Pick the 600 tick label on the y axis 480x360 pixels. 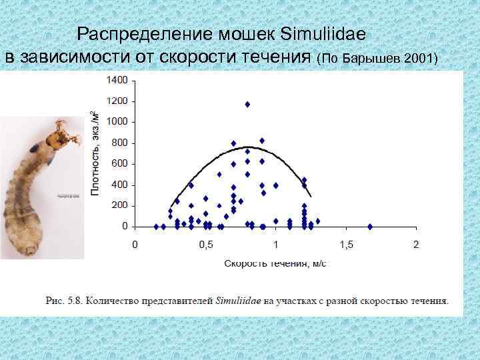click(x=119, y=164)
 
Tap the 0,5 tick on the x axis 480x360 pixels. click(x=205, y=244)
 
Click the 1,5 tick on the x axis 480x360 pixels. click(x=346, y=244)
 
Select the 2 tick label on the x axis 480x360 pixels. click(x=416, y=244)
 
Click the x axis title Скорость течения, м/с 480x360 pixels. click(x=275, y=263)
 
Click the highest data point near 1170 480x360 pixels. click(x=247, y=104)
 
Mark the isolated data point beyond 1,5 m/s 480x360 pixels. click(x=370, y=227)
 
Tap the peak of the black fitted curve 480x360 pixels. click(x=247, y=147)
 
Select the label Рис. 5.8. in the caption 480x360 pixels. click(x=63, y=301)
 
